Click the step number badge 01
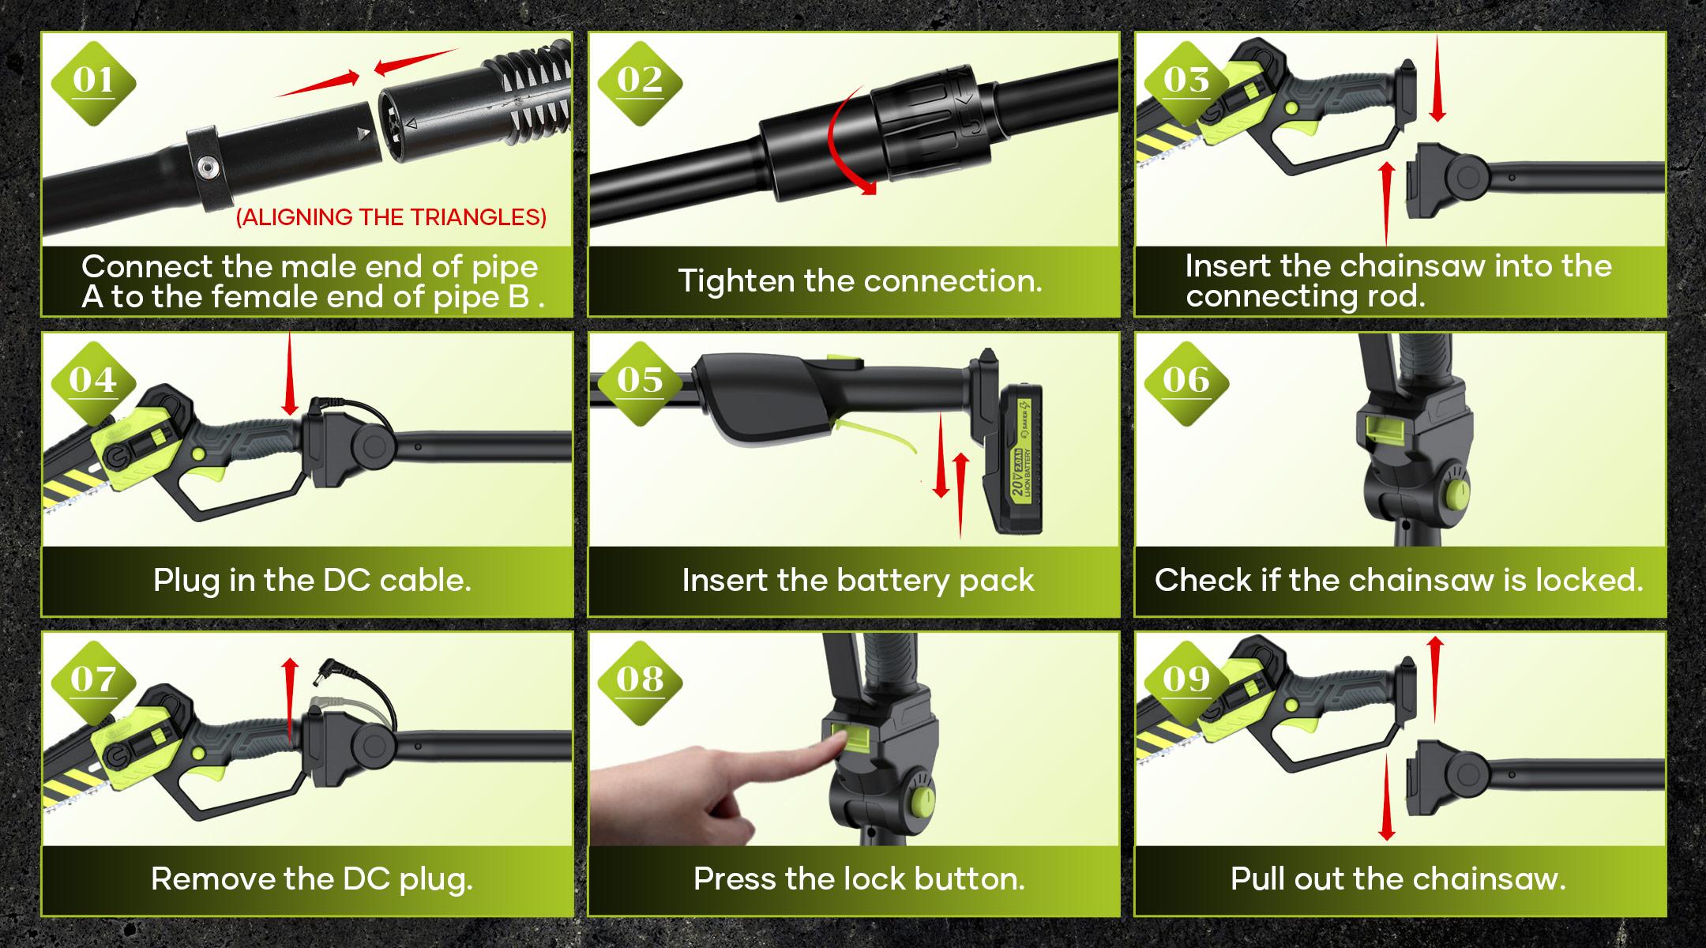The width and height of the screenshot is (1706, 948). click(x=93, y=81)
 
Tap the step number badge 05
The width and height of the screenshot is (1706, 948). click(x=639, y=381)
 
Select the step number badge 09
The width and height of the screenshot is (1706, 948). click(x=1186, y=679)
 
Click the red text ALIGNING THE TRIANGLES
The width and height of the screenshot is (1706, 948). click(x=391, y=217)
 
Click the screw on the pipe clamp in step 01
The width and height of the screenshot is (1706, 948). click(x=209, y=166)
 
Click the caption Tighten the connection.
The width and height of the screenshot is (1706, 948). click(x=860, y=281)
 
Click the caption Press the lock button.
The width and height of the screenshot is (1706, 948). click(x=859, y=879)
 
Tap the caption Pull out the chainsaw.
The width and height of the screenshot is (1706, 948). click(x=1397, y=879)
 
